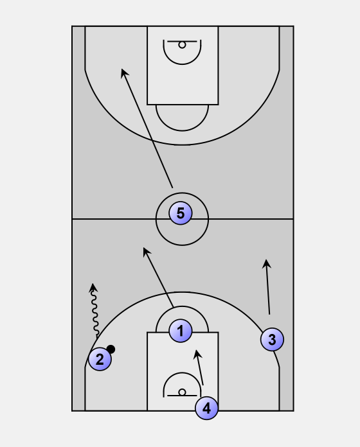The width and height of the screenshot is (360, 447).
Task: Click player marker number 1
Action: [x=180, y=331]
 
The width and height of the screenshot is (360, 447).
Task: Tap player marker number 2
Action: [x=100, y=359]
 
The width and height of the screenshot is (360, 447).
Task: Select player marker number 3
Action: [x=272, y=339]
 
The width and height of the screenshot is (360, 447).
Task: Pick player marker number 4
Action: [x=206, y=408]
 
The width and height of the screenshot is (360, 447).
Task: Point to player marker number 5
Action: [x=180, y=213]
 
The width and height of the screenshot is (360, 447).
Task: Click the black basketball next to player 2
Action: [x=111, y=349]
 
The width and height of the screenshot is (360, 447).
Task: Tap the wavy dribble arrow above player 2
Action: [x=94, y=311]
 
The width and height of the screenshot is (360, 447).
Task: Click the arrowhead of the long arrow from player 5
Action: [x=124, y=73]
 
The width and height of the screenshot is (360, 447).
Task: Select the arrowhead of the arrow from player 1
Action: [x=146, y=252]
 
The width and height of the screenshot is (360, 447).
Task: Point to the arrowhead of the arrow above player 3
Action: [x=266, y=263]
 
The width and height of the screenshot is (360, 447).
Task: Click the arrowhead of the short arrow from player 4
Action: [x=197, y=354]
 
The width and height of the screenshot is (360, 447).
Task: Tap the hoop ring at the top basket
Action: [x=182, y=45]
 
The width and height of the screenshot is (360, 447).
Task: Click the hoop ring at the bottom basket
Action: [x=182, y=392]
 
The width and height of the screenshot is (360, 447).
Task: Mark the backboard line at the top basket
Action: [x=182, y=41]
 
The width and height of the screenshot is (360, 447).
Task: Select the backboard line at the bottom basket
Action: [x=182, y=396]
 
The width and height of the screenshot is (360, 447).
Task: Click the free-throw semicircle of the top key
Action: [x=182, y=131]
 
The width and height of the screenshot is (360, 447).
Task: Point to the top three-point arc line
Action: [x=182, y=145]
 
